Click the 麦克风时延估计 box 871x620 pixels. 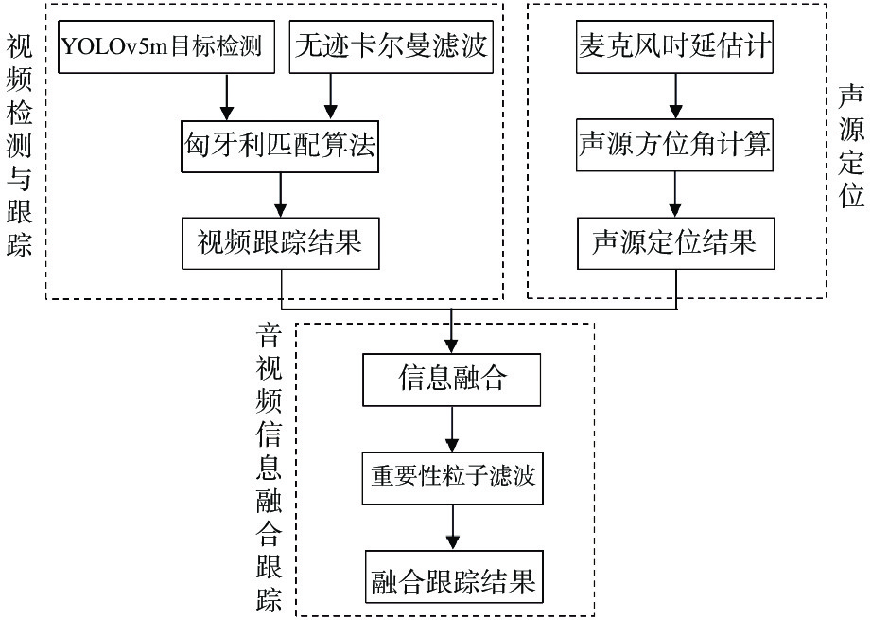(674, 44)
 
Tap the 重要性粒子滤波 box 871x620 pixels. (453, 474)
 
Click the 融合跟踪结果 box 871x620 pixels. (453, 578)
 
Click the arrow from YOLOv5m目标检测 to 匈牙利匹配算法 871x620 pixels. (226, 97)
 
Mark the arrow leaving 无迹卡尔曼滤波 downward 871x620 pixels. (330, 97)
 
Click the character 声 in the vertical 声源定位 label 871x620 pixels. (852, 97)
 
